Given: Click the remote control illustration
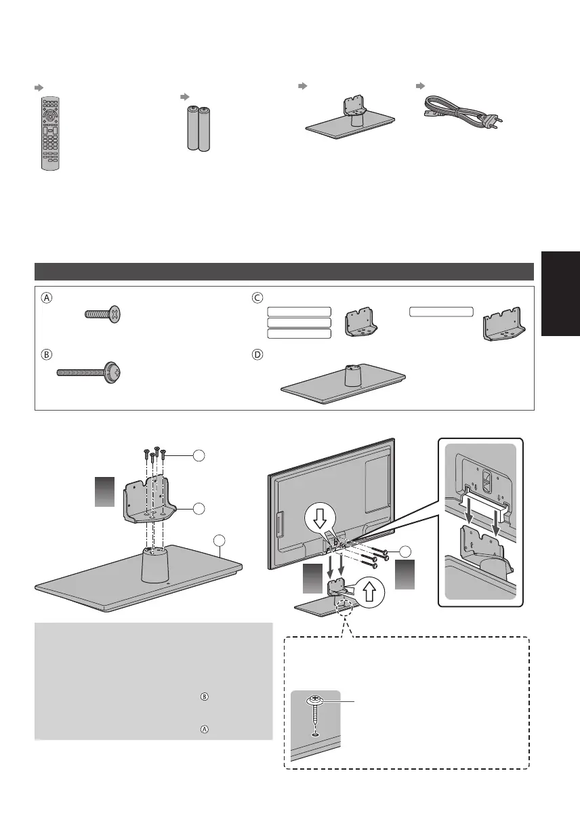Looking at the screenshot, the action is click(x=50, y=133).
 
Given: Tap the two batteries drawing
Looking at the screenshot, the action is click(x=197, y=127).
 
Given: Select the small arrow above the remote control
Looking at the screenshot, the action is click(x=38, y=88).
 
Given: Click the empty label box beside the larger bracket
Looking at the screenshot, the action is click(x=440, y=312).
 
